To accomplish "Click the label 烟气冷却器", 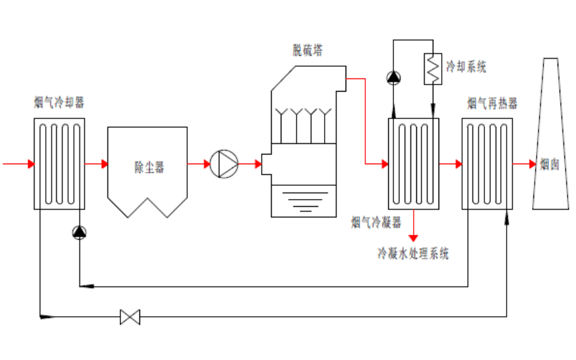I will pos(59,103).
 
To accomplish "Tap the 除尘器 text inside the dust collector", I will pos(149,168).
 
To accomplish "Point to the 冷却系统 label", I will pos(466,66).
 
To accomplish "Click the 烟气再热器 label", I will pos(492,103).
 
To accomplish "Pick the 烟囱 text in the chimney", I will pos(549,165).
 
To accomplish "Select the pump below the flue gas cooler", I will pos(79,232).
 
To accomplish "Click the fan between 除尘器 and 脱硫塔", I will pos(224,164).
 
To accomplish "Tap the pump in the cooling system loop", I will pos(393,77).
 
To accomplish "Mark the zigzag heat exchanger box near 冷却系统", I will pos(432,68).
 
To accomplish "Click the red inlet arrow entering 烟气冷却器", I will pos(29,164).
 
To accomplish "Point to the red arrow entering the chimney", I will pos(531,164).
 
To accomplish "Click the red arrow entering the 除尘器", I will pos(103,164).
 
